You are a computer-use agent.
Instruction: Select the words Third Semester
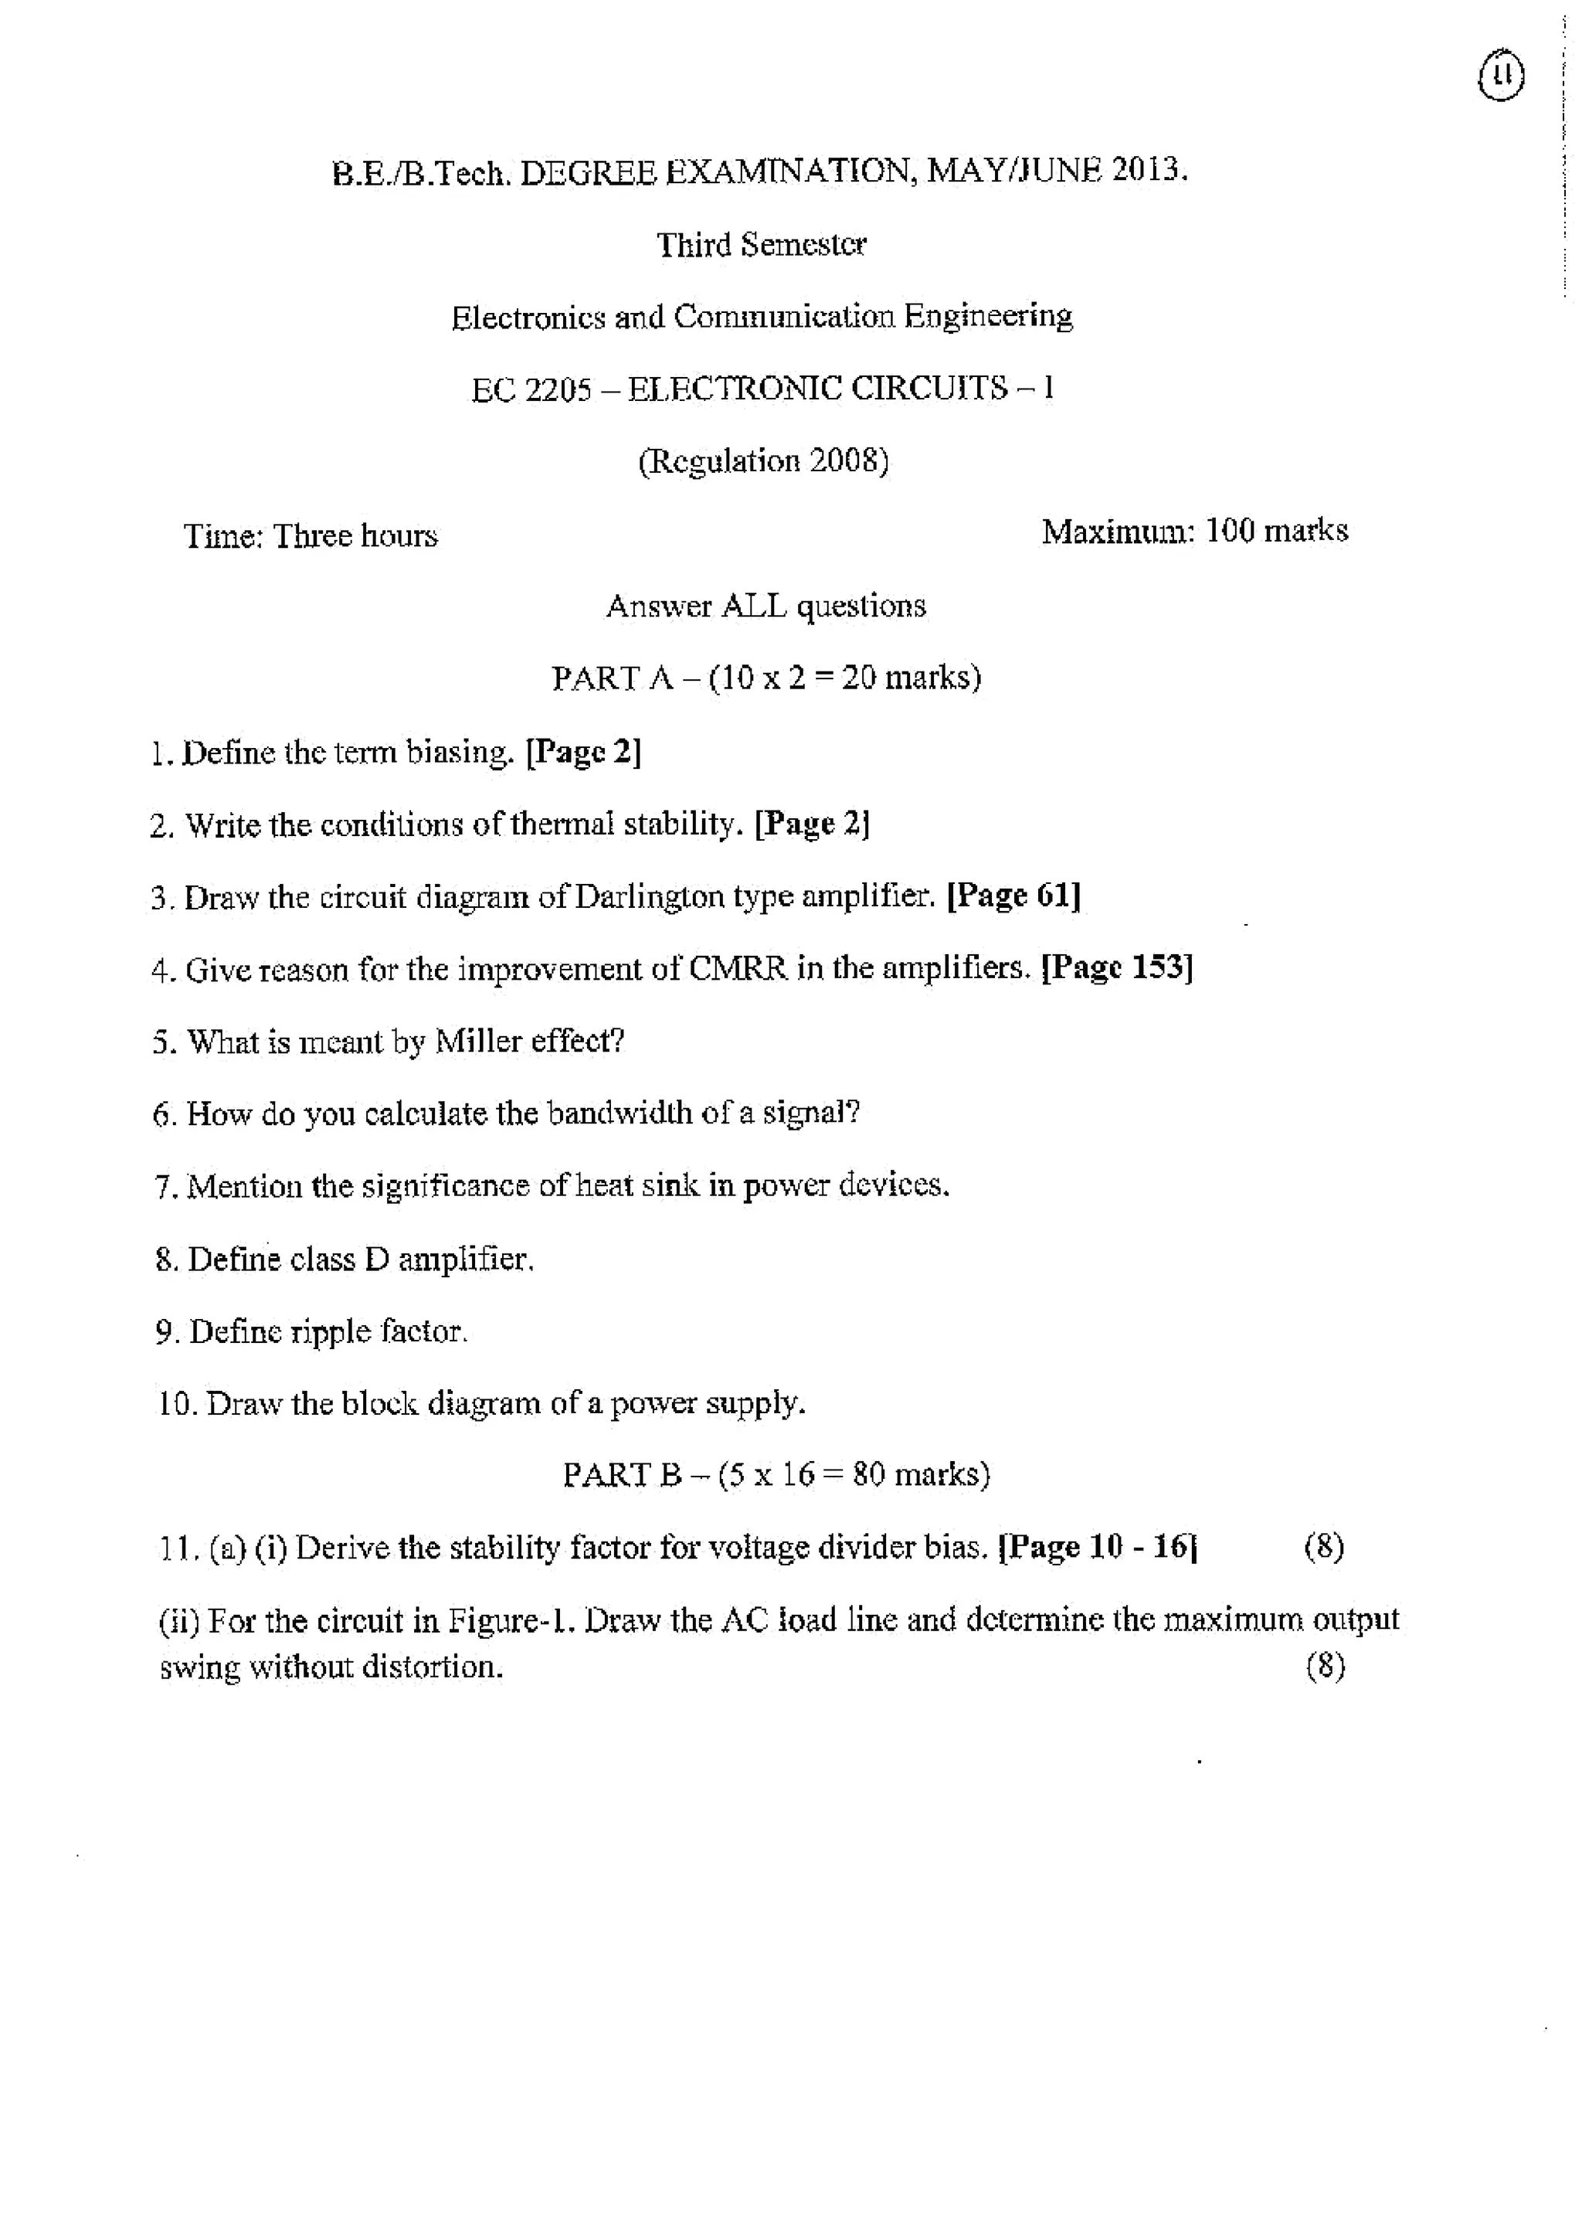[x=761, y=244]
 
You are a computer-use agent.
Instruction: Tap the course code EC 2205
[x=531, y=389]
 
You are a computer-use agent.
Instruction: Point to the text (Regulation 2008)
[x=762, y=461]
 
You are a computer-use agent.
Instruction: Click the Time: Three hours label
[x=311, y=535]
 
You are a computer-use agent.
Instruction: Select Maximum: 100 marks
[x=1193, y=532]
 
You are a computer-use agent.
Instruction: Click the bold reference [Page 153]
[x=1118, y=968]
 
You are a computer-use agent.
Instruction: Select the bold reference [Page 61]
[x=1014, y=896]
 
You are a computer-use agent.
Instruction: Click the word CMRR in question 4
[x=738, y=969]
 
